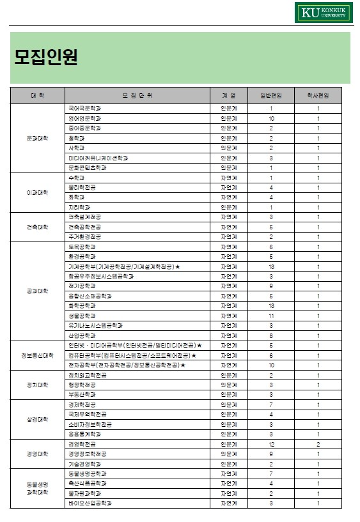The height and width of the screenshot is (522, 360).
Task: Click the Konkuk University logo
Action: click(x=323, y=12)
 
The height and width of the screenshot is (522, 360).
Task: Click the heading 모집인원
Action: click(x=46, y=58)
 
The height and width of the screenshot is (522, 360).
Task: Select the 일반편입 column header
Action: click(x=270, y=95)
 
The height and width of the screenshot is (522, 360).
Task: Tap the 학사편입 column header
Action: click(x=318, y=95)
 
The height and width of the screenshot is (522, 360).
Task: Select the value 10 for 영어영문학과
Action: click(x=270, y=118)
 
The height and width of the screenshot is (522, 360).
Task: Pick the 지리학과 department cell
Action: click(x=79, y=207)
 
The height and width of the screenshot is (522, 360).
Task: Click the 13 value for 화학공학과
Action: click(x=270, y=305)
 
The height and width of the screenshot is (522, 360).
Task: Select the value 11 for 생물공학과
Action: click(x=270, y=316)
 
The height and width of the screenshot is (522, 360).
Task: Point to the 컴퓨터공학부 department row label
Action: click(x=131, y=355)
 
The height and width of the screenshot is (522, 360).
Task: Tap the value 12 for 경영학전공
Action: click(x=270, y=444)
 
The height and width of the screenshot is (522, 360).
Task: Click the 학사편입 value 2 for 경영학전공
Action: click(x=318, y=444)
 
